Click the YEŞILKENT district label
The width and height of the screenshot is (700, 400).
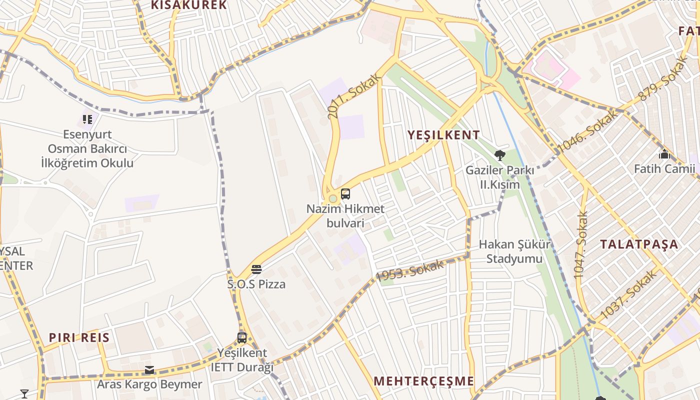(x=443, y=135)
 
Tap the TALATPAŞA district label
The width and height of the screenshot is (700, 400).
(x=639, y=244)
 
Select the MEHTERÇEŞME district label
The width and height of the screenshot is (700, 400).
(x=423, y=381)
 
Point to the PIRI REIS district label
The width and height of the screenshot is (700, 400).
(x=79, y=337)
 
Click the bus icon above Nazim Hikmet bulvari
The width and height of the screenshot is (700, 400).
(x=345, y=194)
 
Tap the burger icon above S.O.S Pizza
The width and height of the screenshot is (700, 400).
(x=256, y=270)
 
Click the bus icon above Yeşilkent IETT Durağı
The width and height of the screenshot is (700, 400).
(x=242, y=338)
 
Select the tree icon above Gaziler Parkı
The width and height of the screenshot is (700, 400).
(x=499, y=155)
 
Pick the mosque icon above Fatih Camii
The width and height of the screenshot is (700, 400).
(x=664, y=154)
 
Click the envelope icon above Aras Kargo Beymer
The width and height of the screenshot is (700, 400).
(x=149, y=370)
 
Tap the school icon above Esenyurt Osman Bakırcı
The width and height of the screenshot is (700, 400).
(x=87, y=119)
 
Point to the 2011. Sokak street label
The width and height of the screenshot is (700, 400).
(x=354, y=97)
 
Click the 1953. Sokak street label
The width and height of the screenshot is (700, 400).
(x=409, y=270)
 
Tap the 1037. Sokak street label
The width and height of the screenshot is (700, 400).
(x=628, y=294)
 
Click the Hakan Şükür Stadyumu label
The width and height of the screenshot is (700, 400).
(x=514, y=251)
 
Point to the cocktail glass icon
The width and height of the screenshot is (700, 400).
(x=24, y=393)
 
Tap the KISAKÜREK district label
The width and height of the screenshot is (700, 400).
(x=189, y=5)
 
